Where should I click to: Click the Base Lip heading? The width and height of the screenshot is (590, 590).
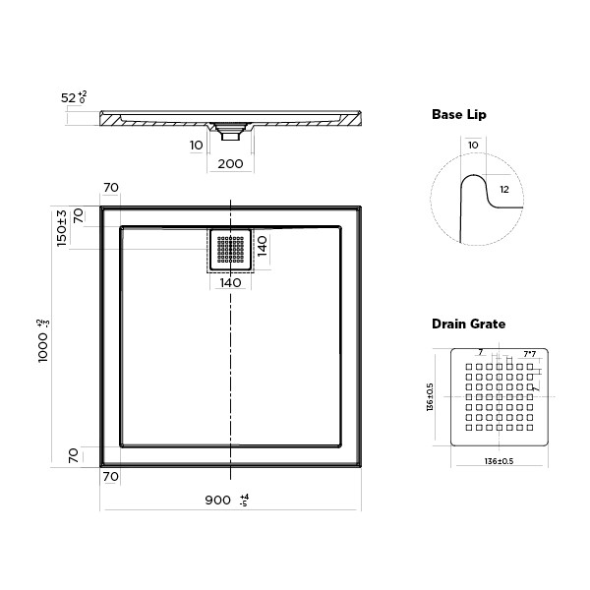tap(459, 115)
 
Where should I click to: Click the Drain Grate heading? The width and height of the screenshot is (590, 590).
tap(469, 324)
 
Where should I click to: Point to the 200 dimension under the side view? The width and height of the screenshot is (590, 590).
tap(229, 163)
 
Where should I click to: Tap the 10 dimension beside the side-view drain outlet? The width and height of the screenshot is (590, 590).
tap(196, 145)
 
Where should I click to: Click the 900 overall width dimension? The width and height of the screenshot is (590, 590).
tap(218, 501)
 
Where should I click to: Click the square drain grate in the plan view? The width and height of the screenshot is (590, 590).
tap(230, 251)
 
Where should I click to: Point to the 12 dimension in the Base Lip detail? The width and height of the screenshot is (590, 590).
tap(504, 189)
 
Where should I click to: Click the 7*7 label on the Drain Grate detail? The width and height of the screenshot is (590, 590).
tap(529, 354)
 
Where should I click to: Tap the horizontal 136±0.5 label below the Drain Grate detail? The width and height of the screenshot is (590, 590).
tap(499, 461)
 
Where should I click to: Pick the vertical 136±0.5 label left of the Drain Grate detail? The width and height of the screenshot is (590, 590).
tap(429, 397)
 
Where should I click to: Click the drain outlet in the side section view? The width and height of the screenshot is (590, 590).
tap(229, 127)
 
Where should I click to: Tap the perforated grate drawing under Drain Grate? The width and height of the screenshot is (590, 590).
tap(497, 398)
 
